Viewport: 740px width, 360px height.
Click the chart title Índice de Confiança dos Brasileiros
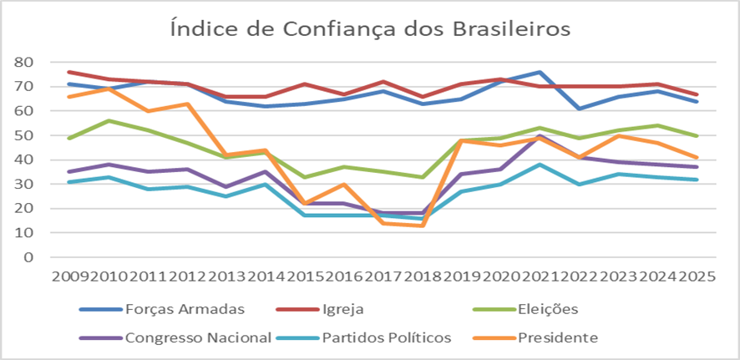point(369,28)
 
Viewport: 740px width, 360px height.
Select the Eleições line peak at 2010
point(108,120)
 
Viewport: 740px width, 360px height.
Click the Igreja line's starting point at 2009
point(68,72)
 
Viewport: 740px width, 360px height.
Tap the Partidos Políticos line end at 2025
point(697,180)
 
